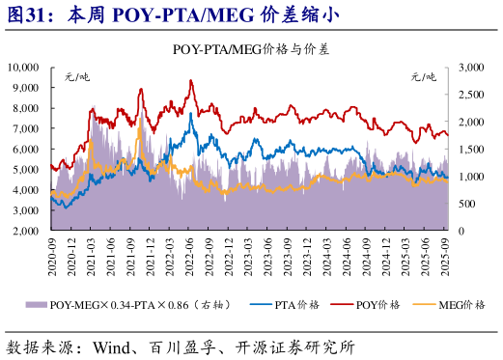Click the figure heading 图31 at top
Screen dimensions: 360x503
coord(29,14)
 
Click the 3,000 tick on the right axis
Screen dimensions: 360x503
coord(470,67)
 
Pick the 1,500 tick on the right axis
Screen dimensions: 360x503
coord(470,150)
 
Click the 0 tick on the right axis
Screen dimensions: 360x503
coord(461,232)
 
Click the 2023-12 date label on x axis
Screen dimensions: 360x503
coord(308,257)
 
